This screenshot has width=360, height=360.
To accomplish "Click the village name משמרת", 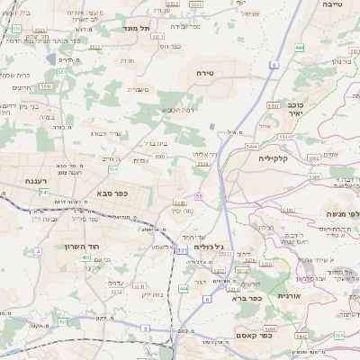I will click(138, 89).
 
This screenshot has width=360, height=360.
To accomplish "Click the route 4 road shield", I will click(39, 251).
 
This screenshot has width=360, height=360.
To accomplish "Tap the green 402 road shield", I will click(85, 257).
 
